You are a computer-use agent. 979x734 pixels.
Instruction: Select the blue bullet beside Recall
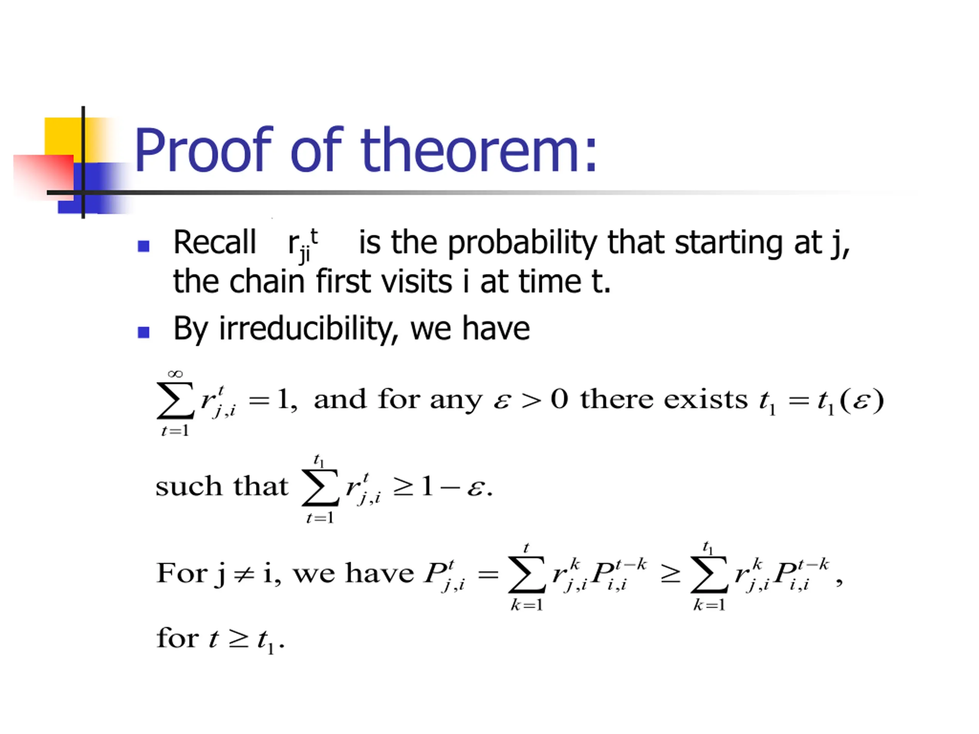(143, 246)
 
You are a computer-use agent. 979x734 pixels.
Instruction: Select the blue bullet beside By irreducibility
(143, 332)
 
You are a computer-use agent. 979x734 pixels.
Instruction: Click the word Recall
(215, 242)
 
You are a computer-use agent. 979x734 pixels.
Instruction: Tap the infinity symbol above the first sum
(175, 374)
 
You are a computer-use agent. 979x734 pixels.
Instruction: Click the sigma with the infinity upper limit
(175, 400)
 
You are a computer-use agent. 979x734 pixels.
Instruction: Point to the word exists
(708, 399)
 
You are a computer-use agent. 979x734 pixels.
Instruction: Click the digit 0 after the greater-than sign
(559, 399)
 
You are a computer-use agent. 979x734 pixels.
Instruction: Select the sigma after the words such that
(320, 487)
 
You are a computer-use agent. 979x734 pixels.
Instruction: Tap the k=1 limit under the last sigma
(709, 605)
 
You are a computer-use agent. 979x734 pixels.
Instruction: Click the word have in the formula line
(380, 573)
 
